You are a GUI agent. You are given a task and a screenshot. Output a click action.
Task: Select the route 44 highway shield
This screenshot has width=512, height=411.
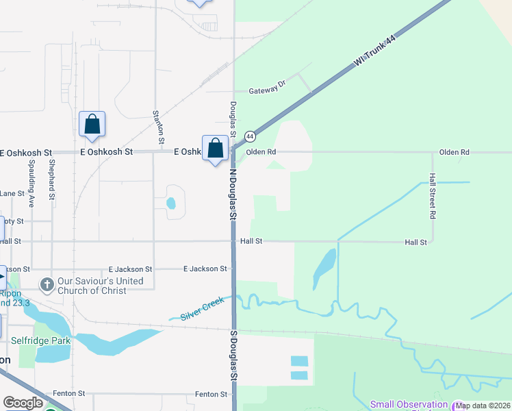click(x=251, y=136)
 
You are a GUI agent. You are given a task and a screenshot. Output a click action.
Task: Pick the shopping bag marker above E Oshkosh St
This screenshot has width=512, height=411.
click(x=92, y=125)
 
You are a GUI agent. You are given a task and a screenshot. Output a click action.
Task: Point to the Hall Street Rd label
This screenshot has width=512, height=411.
click(x=433, y=195)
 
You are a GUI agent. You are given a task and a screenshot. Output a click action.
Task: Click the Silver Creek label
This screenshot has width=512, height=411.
click(x=203, y=312)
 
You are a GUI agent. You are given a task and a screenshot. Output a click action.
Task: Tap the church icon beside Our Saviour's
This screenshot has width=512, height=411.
click(x=47, y=284)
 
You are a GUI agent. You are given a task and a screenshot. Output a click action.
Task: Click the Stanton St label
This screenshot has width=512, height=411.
click(x=159, y=126)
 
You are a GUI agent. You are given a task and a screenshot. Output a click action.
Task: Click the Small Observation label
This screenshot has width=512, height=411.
click(x=409, y=405)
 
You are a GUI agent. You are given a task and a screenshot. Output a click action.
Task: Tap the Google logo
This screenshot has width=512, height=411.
click(x=23, y=403)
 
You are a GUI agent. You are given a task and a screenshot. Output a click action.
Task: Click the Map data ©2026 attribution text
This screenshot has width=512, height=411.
click(x=483, y=406)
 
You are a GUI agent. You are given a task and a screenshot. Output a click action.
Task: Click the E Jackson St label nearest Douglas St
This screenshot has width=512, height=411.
click(x=205, y=269)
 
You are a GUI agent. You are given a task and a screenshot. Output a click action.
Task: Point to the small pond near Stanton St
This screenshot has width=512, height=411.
click(x=170, y=203)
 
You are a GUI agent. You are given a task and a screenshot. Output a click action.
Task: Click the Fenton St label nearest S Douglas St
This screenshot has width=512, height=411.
click(x=211, y=395)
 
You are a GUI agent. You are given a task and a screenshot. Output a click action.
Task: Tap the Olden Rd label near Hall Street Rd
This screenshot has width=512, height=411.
click(x=455, y=152)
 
